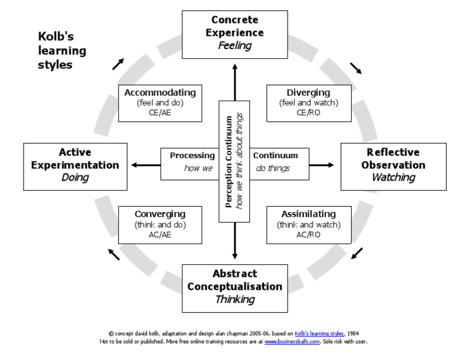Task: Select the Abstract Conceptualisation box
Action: [234, 287]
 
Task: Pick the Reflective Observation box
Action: [393, 165]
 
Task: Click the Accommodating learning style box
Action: [160, 103]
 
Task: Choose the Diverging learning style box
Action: [308, 103]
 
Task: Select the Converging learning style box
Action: [160, 225]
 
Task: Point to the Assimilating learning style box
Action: [308, 225]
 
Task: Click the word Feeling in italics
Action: [234, 45]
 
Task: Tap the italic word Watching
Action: [393, 178]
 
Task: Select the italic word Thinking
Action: [234, 299]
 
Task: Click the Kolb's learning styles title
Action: [61, 51]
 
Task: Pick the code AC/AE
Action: [160, 235]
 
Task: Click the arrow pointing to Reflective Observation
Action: [324, 164]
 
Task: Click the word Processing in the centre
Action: [192, 156]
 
